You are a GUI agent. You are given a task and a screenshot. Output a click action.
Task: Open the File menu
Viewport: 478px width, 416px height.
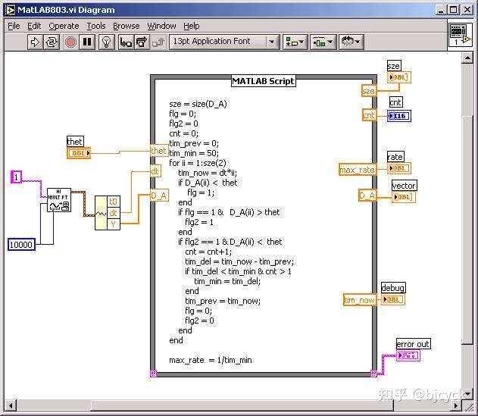click(x=14, y=26)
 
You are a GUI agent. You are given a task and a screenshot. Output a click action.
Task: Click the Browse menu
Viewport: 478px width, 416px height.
click(x=127, y=26)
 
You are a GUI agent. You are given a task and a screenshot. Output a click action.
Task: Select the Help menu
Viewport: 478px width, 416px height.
click(x=192, y=26)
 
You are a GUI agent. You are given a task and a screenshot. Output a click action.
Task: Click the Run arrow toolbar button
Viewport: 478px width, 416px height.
click(x=35, y=42)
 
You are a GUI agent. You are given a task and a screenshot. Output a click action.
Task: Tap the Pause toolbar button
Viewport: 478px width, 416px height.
click(x=88, y=42)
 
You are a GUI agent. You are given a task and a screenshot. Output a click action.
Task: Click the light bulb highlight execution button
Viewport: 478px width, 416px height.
click(x=107, y=42)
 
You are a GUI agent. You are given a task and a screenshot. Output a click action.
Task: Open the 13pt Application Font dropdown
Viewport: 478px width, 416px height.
click(x=223, y=42)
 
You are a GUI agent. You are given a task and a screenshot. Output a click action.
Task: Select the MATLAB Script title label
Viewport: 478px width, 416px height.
click(x=263, y=81)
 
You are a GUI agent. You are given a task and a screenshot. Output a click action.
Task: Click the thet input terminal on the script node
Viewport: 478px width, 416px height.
click(x=158, y=151)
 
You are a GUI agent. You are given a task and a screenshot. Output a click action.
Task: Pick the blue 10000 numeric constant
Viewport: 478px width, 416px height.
click(x=21, y=244)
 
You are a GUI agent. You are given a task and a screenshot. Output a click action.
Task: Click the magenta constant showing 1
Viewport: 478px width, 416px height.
click(x=16, y=177)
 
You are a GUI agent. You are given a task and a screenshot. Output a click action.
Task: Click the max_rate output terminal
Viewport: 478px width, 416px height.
click(x=358, y=170)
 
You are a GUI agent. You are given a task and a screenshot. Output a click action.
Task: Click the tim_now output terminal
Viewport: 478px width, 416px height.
click(x=360, y=300)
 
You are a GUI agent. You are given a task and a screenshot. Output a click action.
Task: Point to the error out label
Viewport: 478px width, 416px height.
click(x=413, y=344)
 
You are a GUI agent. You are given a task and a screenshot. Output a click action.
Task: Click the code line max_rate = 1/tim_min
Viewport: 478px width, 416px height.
click(x=210, y=360)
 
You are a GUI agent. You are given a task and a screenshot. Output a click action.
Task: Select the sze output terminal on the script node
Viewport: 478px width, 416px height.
click(x=368, y=91)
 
